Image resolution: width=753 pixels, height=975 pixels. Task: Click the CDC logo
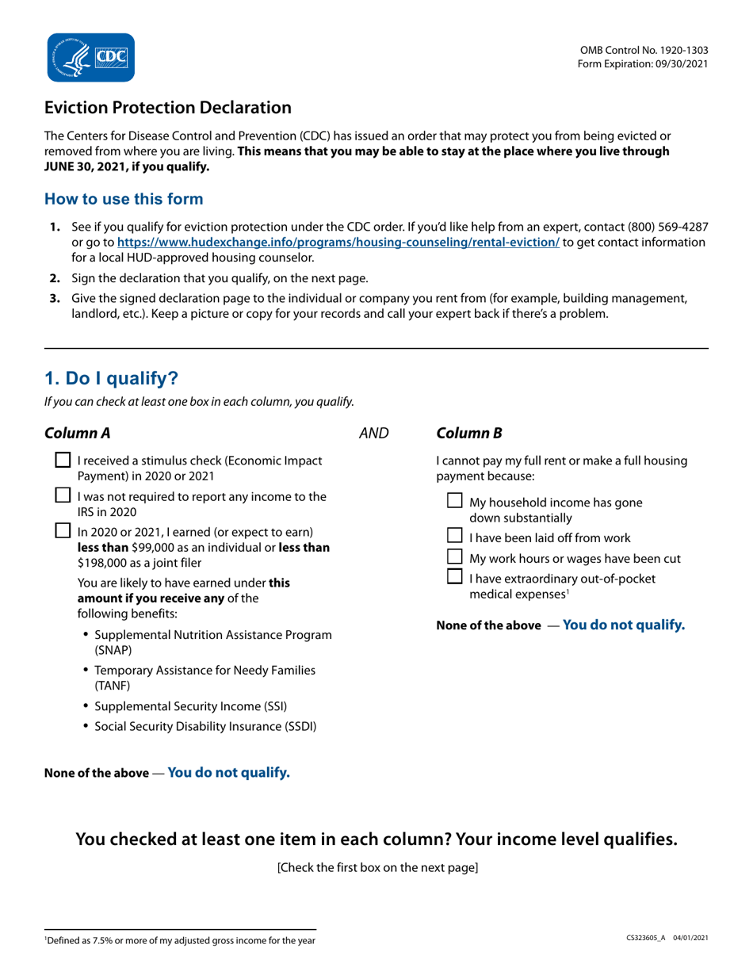click(x=90, y=57)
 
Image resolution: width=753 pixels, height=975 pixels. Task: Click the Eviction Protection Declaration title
click(x=167, y=107)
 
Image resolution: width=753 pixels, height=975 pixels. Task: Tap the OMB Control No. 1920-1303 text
click(x=644, y=49)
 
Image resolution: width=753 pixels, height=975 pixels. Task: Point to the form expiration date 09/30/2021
click(x=678, y=63)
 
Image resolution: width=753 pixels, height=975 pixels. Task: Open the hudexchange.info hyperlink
click(x=338, y=243)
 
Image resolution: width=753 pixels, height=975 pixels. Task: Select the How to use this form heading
click(x=124, y=199)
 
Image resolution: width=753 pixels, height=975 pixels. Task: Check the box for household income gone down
click(x=455, y=501)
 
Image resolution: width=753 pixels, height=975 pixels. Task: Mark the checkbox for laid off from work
click(x=455, y=537)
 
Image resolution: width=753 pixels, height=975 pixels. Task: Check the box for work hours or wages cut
click(x=455, y=557)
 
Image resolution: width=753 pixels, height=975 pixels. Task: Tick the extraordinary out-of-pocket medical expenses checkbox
click(x=455, y=577)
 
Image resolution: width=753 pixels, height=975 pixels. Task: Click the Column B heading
click(x=469, y=433)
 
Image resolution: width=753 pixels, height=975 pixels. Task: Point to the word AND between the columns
click(x=374, y=433)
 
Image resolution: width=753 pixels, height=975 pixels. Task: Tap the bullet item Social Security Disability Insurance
click(x=205, y=726)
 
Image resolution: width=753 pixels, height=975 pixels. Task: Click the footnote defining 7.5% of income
click(x=180, y=940)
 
